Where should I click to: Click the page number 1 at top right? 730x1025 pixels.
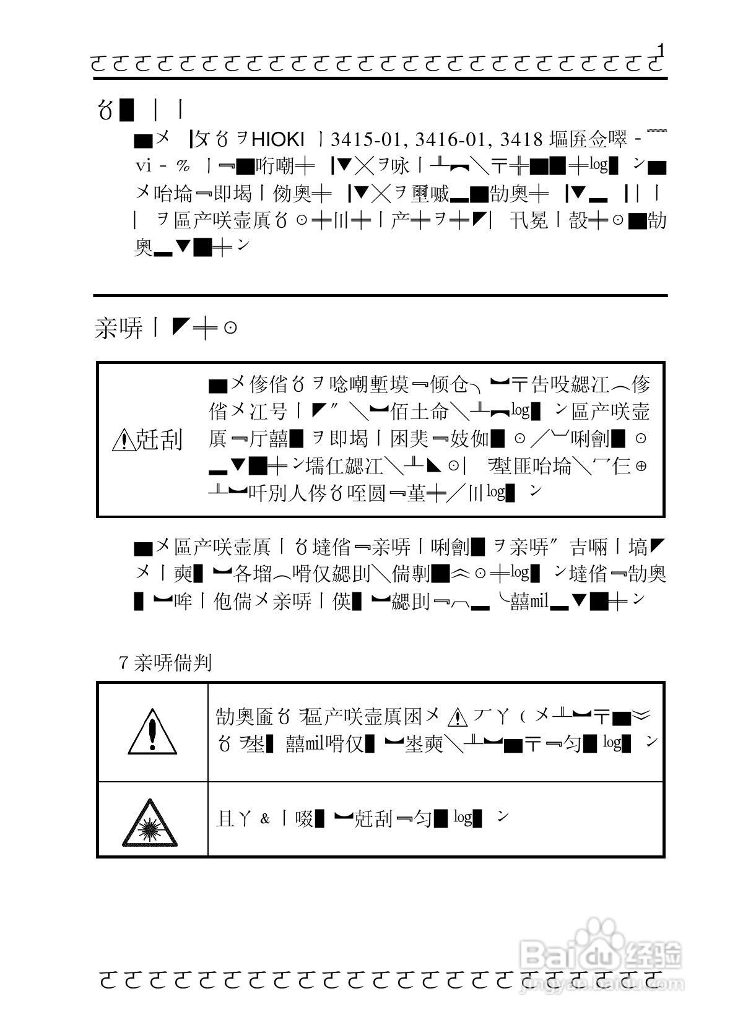[x=662, y=50]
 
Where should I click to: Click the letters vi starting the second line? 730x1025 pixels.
[x=143, y=166]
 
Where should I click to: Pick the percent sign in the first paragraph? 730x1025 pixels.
[x=183, y=166]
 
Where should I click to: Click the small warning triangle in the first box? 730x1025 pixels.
[x=123, y=441]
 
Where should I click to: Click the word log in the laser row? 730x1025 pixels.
[x=463, y=817]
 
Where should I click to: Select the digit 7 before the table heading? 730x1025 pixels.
[x=123, y=664]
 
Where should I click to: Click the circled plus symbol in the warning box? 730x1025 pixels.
[x=641, y=466]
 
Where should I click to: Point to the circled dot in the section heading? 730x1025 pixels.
[x=230, y=328]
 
